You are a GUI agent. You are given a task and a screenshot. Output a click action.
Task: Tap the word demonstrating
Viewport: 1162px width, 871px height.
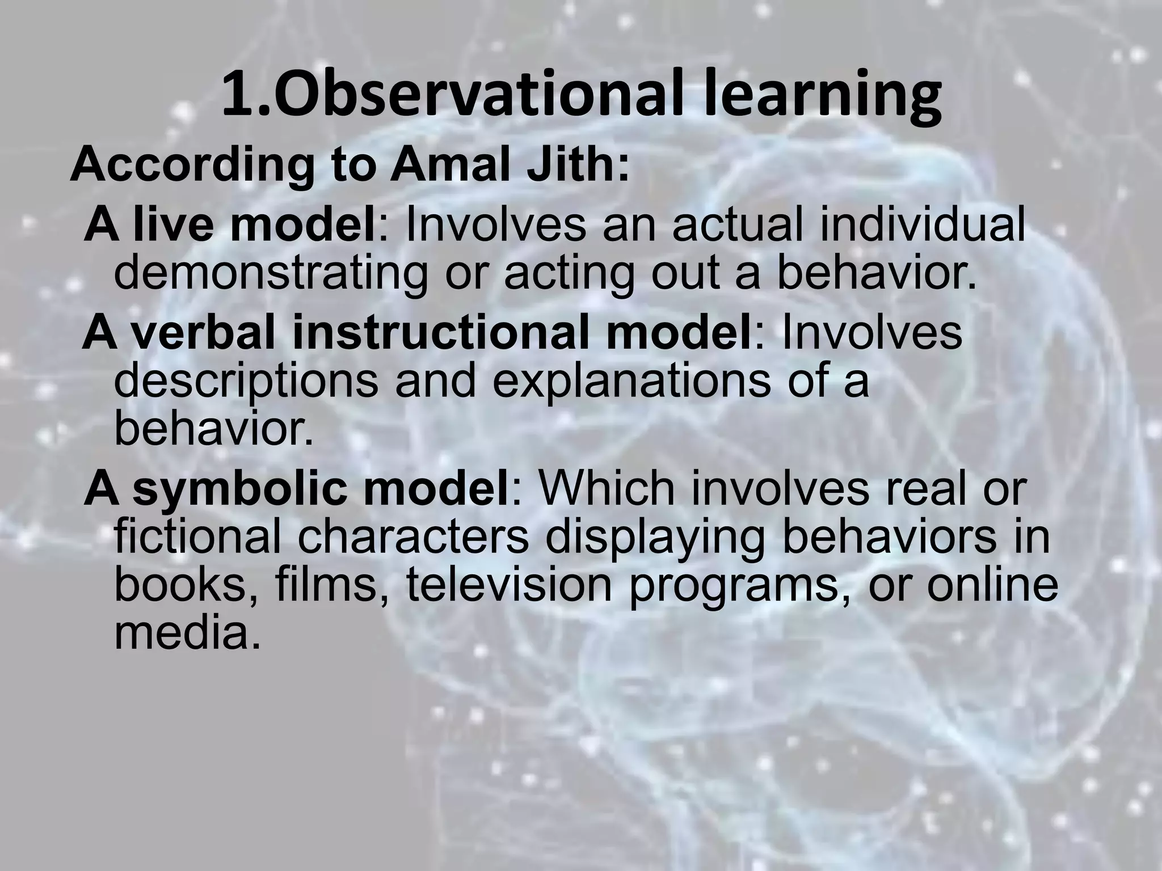[271, 273]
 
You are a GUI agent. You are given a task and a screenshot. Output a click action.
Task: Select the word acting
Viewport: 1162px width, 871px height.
[568, 273]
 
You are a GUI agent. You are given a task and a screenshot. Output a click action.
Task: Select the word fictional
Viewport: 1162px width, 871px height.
[197, 537]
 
